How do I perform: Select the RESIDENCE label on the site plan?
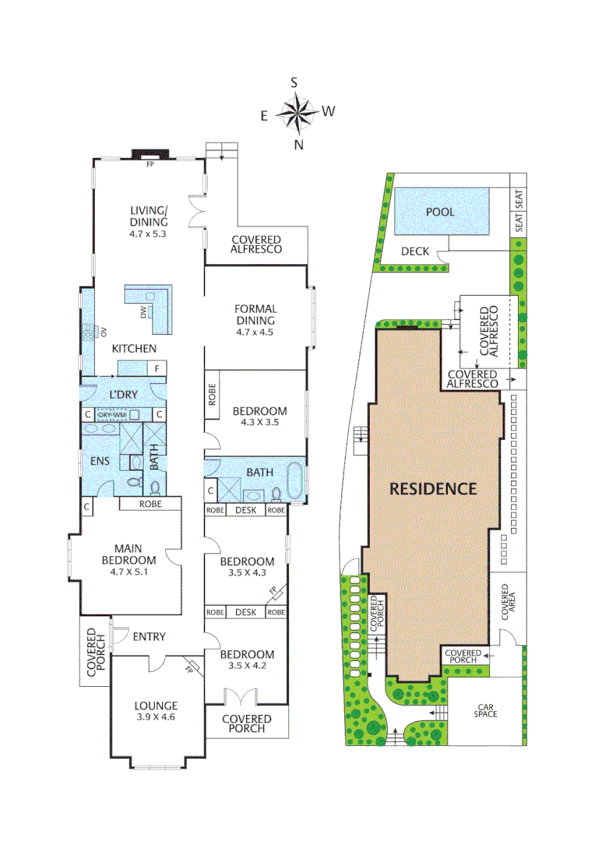click(433, 489)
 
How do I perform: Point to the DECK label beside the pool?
click(415, 251)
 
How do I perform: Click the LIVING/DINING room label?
click(149, 216)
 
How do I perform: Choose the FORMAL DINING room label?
click(255, 315)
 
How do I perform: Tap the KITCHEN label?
click(133, 348)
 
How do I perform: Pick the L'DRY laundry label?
click(122, 395)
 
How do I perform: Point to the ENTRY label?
click(149, 636)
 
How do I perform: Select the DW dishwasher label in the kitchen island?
click(143, 312)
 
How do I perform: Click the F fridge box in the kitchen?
click(157, 368)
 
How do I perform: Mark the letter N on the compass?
click(298, 144)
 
